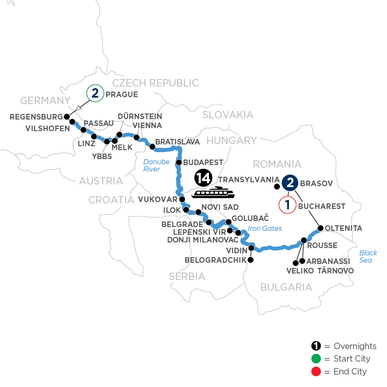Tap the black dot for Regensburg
(x=67, y=117)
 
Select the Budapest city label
(x=203, y=163)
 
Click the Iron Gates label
(x=265, y=229)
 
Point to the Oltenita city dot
(x=320, y=228)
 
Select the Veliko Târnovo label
(x=320, y=271)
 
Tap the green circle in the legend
(x=316, y=359)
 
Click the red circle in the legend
(x=316, y=371)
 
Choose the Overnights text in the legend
(x=355, y=346)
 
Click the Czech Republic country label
(x=155, y=83)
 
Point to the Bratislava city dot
(x=152, y=147)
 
